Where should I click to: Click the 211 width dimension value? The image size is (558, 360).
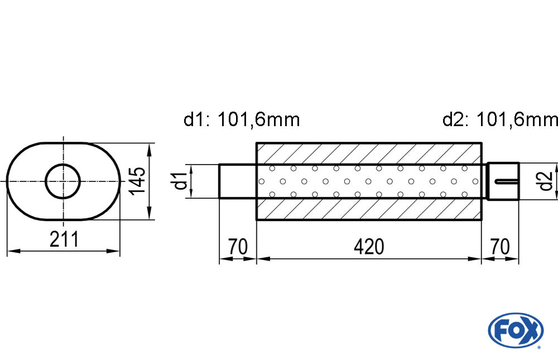(x=64, y=239)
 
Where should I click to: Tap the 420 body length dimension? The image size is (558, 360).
(x=368, y=246)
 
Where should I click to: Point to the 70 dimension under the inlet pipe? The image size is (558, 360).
(x=237, y=246)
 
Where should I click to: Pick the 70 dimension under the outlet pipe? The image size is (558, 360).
(x=500, y=246)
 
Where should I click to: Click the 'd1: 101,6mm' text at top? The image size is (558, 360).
(x=242, y=119)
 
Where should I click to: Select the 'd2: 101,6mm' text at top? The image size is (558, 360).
(x=499, y=119)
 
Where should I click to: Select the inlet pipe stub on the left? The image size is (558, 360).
(x=237, y=181)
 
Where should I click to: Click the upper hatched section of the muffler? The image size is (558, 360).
(x=368, y=153)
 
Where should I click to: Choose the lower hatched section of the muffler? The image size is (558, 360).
(x=368, y=209)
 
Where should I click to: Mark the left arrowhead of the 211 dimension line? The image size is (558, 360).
(x=12, y=252)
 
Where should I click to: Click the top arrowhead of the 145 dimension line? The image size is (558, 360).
(x=149, y=148)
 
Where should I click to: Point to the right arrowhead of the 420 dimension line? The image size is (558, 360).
(x=476, y=259)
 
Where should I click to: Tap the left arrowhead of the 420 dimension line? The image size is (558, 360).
(x=262, y=259)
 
